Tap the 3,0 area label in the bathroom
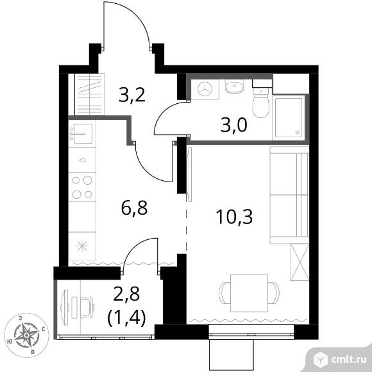234,125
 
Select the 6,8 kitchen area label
134,208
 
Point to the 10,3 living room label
234,217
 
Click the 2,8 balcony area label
126,294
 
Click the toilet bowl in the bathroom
261,103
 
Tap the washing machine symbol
205,89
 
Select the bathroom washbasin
234,86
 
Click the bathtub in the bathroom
289,117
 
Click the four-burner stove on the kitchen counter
82,187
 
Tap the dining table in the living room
249,293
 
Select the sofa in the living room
289,195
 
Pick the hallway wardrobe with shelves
90,94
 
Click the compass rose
27,335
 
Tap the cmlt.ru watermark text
348,360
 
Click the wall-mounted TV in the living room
190,174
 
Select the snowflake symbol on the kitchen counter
82,246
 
